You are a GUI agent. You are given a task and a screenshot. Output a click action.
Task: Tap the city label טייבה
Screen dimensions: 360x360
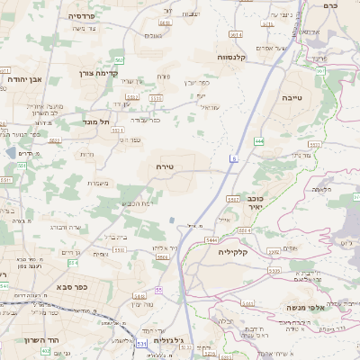(x=292, y=96)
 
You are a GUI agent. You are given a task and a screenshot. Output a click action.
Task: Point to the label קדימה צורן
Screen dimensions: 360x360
(x=86, y=73)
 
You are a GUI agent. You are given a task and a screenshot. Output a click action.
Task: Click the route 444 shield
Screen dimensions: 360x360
(x=259, y=140)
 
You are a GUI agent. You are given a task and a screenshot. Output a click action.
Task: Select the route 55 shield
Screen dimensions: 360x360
(x=158, y=290)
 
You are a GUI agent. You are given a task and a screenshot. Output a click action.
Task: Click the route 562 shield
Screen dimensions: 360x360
(x=119, y=59)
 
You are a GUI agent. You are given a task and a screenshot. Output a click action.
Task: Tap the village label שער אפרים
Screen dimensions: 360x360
(x=271, y=48)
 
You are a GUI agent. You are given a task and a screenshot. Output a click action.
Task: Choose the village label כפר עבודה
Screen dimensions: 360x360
(x=144, y=119)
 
